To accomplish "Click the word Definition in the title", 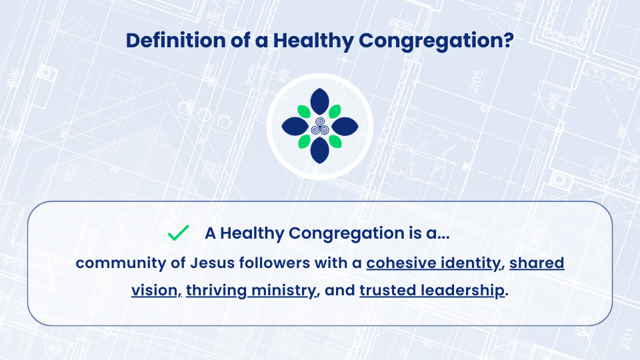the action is click(x=176, y=41).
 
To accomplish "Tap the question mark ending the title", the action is click(x=509, y=40).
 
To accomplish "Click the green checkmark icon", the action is click(x=179, y=233).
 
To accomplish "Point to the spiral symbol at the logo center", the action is click(x=320, y=126).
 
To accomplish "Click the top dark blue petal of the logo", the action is click(x=319, y=101).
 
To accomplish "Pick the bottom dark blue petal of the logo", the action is click(x=319, y=150).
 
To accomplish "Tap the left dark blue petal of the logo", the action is click(x=295, y=126).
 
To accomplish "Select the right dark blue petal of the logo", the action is click(x=345, y=126).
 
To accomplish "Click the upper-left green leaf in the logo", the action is click(x=304, y=111).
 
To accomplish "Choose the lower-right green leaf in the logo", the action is click(x=335, y=141).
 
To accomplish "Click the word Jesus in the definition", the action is click(x=212, y=263).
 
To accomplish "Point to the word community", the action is click(x=121, y=263).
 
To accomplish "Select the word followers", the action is click(x=275, y=263).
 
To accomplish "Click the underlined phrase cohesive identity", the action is click(x=433, y=263).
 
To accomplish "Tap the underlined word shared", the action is click(x=537, y=263).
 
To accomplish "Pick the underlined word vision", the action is click(x=155, y=290).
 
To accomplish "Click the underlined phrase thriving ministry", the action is click(x=251, y=291).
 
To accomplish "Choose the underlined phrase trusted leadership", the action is click(x=432, y=290).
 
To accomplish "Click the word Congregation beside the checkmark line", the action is click(x=347, y=233).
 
